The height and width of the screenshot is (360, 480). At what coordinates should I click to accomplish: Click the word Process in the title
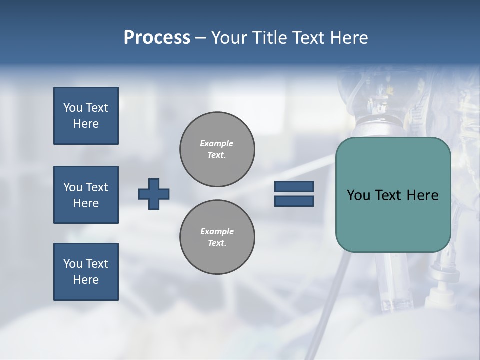coord(157,38)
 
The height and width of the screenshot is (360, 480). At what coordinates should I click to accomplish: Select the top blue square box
coord(86,116)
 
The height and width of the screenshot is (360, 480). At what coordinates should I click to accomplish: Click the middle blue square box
coord(86,195)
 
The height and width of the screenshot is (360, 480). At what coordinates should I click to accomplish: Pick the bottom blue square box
coord(86,272)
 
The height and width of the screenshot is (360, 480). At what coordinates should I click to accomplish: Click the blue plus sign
coord(154,194)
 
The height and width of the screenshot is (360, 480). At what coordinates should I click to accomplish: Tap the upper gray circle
coord(217,149)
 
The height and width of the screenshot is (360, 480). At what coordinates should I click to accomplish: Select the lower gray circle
coord(217,237)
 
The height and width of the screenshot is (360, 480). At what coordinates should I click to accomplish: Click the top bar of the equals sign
coord(294,187)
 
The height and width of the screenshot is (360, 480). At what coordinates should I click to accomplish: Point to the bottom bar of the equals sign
coord(294,201)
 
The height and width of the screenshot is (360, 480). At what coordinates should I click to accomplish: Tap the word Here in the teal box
coord(422,195)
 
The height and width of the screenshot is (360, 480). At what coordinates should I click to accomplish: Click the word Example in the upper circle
coord(217,143)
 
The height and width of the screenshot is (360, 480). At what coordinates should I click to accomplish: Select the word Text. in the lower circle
coord(217,243)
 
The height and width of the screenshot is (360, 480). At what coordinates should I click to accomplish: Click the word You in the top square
coord(73,108)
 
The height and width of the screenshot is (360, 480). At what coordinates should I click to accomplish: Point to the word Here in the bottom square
coord(86,280)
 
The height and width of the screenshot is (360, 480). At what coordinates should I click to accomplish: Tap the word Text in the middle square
coord(97,187)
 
